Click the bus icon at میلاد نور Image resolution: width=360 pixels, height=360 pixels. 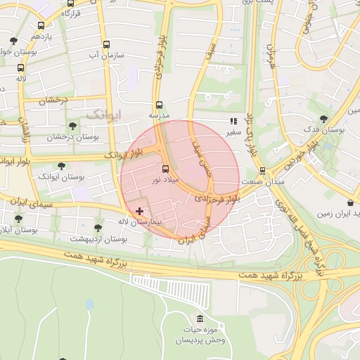[x=166, y=169]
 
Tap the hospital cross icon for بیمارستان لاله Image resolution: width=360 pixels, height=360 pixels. [x=139, y=211]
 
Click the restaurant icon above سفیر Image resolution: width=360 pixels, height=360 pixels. [x=233, y=121]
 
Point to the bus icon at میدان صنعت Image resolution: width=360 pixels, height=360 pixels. [x=262, y=171]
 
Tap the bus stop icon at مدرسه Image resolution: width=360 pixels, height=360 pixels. [x=158, y=104]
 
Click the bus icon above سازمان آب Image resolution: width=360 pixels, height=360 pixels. [x=107, y=42]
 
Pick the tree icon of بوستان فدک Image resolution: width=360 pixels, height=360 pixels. [x=323, y=120]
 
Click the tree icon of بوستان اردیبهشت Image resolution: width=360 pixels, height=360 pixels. [x=98, y=228]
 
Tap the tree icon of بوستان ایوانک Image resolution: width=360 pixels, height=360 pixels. [x=62, y=166]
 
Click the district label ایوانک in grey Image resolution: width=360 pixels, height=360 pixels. [x=103, y=113]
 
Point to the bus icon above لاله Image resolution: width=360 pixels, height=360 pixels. [x=20, y=68]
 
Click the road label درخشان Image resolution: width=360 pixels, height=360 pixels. [x=52, y=101]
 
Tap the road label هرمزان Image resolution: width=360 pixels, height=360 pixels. [x=271, y=55]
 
